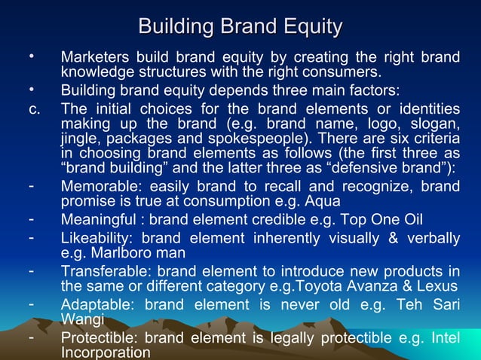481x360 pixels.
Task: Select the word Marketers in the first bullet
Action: [95, 57]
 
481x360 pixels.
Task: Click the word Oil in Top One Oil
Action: [412, 219]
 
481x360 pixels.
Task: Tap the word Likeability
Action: [95, 239]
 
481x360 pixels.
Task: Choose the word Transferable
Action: [100, 271]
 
